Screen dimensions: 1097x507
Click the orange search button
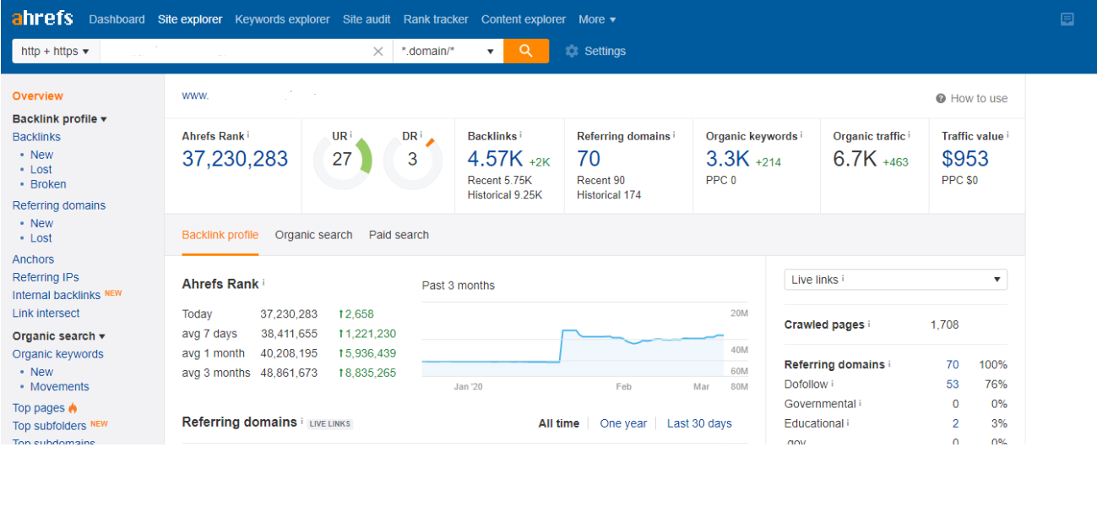(x=526, y=51)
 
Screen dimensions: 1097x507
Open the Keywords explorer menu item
(x=282, y=19)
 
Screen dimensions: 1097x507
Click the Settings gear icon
(x=572, y=51)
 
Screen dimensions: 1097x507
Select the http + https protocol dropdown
(x=56, y=51)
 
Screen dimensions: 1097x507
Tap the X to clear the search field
(x=378, y=51)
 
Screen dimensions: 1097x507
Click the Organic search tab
(x=313, y=235)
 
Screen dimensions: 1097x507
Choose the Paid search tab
(x=399, y=235)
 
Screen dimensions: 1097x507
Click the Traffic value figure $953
(x=964, y=159)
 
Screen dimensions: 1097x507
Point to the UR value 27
(x=342, y=159)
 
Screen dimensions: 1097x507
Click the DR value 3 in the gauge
(x=412, y=159)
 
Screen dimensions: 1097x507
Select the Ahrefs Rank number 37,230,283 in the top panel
(x=235, y=159)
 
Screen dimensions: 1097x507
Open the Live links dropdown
(x=896, y=280)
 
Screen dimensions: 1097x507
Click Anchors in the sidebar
(x=33, y=259)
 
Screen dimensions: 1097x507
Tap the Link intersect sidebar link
(x=46, y=313)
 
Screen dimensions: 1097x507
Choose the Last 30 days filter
(x=699, y=423)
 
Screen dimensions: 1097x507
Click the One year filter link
(x=623, y=423)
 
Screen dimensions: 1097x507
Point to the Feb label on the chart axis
(x=623, y=386)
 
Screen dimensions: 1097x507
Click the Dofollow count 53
(x=952, y=384)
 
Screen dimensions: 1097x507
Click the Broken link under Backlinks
(x=48, y=184)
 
